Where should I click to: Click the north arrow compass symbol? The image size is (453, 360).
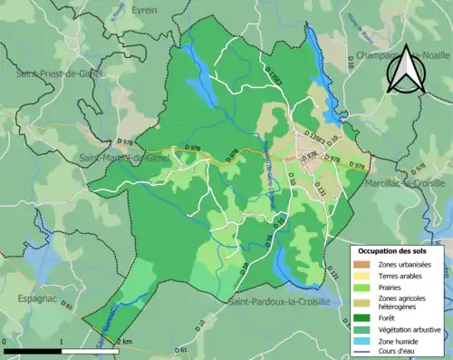pyautogui.click(x=404, y=70)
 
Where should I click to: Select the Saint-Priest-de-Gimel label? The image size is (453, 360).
pyautogui.click(x=56, y=72)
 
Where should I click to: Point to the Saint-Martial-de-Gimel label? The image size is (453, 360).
pyautogui.click(x=126, y=158)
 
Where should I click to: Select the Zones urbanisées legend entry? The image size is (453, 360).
pyautogui.click(x=404, y=264)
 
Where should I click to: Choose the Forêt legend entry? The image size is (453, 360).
pyautogui.click(x=388, y=317)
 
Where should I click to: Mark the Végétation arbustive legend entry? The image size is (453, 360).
pyautogui.click(x=410, y=329)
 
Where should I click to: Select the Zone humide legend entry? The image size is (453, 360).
pyautogui.click(x=398, y=341)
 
